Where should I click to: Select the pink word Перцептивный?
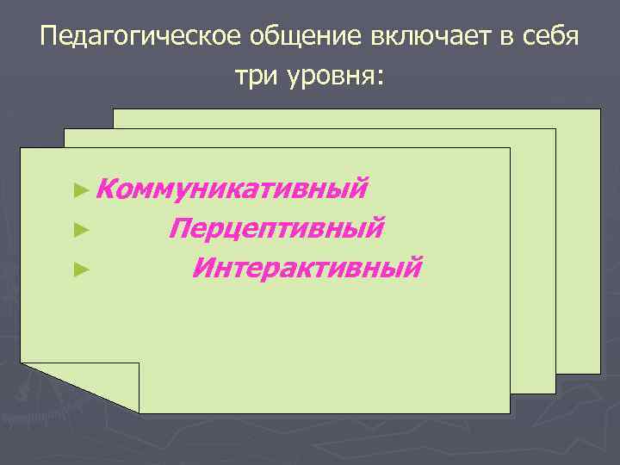(276, 228)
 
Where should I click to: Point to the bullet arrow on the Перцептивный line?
(82, 229)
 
